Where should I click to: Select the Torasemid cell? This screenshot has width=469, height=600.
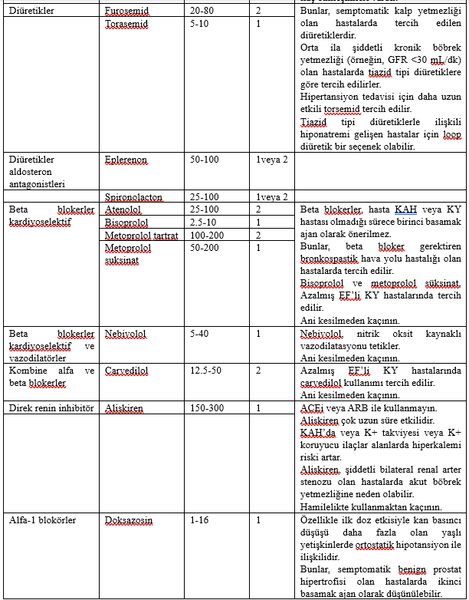pyautogui.click(x=126, y=25)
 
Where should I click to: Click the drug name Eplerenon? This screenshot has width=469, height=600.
pyautogui.click(x=126, y=160)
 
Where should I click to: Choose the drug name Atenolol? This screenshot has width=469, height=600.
pyautogui.click(x=123, y=209)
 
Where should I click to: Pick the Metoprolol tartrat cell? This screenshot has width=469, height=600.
pyautogui.click(x=141, y=235)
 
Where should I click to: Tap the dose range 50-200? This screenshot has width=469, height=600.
pyautogui.click(x=205, y=247)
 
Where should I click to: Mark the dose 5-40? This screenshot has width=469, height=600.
pyautogui.click(x=200, y=334)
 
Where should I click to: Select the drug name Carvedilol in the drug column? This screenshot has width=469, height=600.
pyautogui.click(x=126, y=371)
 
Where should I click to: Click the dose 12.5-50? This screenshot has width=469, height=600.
pyautogui.click(x=205, y=371)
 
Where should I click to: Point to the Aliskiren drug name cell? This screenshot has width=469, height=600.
pyautogui.click(x=124, y=407)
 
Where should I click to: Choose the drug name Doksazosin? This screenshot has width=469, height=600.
pyautogui.click(x=129, y=520)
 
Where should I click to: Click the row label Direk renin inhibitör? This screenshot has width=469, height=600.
pyautogui.click(x=51, y=407)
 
